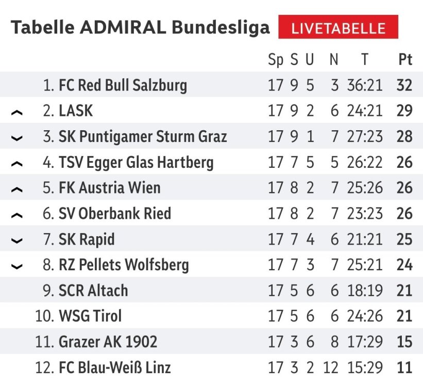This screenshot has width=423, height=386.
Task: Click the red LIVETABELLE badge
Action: point(338,27)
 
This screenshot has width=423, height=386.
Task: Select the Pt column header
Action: point(405,60)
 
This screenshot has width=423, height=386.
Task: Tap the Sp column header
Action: point(276,60)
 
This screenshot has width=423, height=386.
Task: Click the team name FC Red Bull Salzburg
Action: point(123,85)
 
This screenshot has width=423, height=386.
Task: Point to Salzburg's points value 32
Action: point(404,85)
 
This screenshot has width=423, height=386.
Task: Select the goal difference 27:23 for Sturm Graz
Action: point(365,137)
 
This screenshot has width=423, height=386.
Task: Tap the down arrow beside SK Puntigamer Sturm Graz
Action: point(17,138)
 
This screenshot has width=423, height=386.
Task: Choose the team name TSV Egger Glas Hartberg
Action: point(136,163)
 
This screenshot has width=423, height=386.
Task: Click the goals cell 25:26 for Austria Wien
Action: point(365,188)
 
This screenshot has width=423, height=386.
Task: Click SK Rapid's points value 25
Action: point(404,239)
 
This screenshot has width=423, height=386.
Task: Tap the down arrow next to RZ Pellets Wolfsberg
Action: point(17,267)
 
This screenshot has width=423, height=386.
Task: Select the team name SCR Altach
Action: point(93,291)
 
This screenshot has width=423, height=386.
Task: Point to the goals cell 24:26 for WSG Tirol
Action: point(365,316)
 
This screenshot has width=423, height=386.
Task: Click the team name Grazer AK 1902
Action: point(108,342)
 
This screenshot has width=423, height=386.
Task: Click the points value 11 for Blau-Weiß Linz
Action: point(404,367)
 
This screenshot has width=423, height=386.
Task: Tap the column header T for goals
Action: point(365,60)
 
